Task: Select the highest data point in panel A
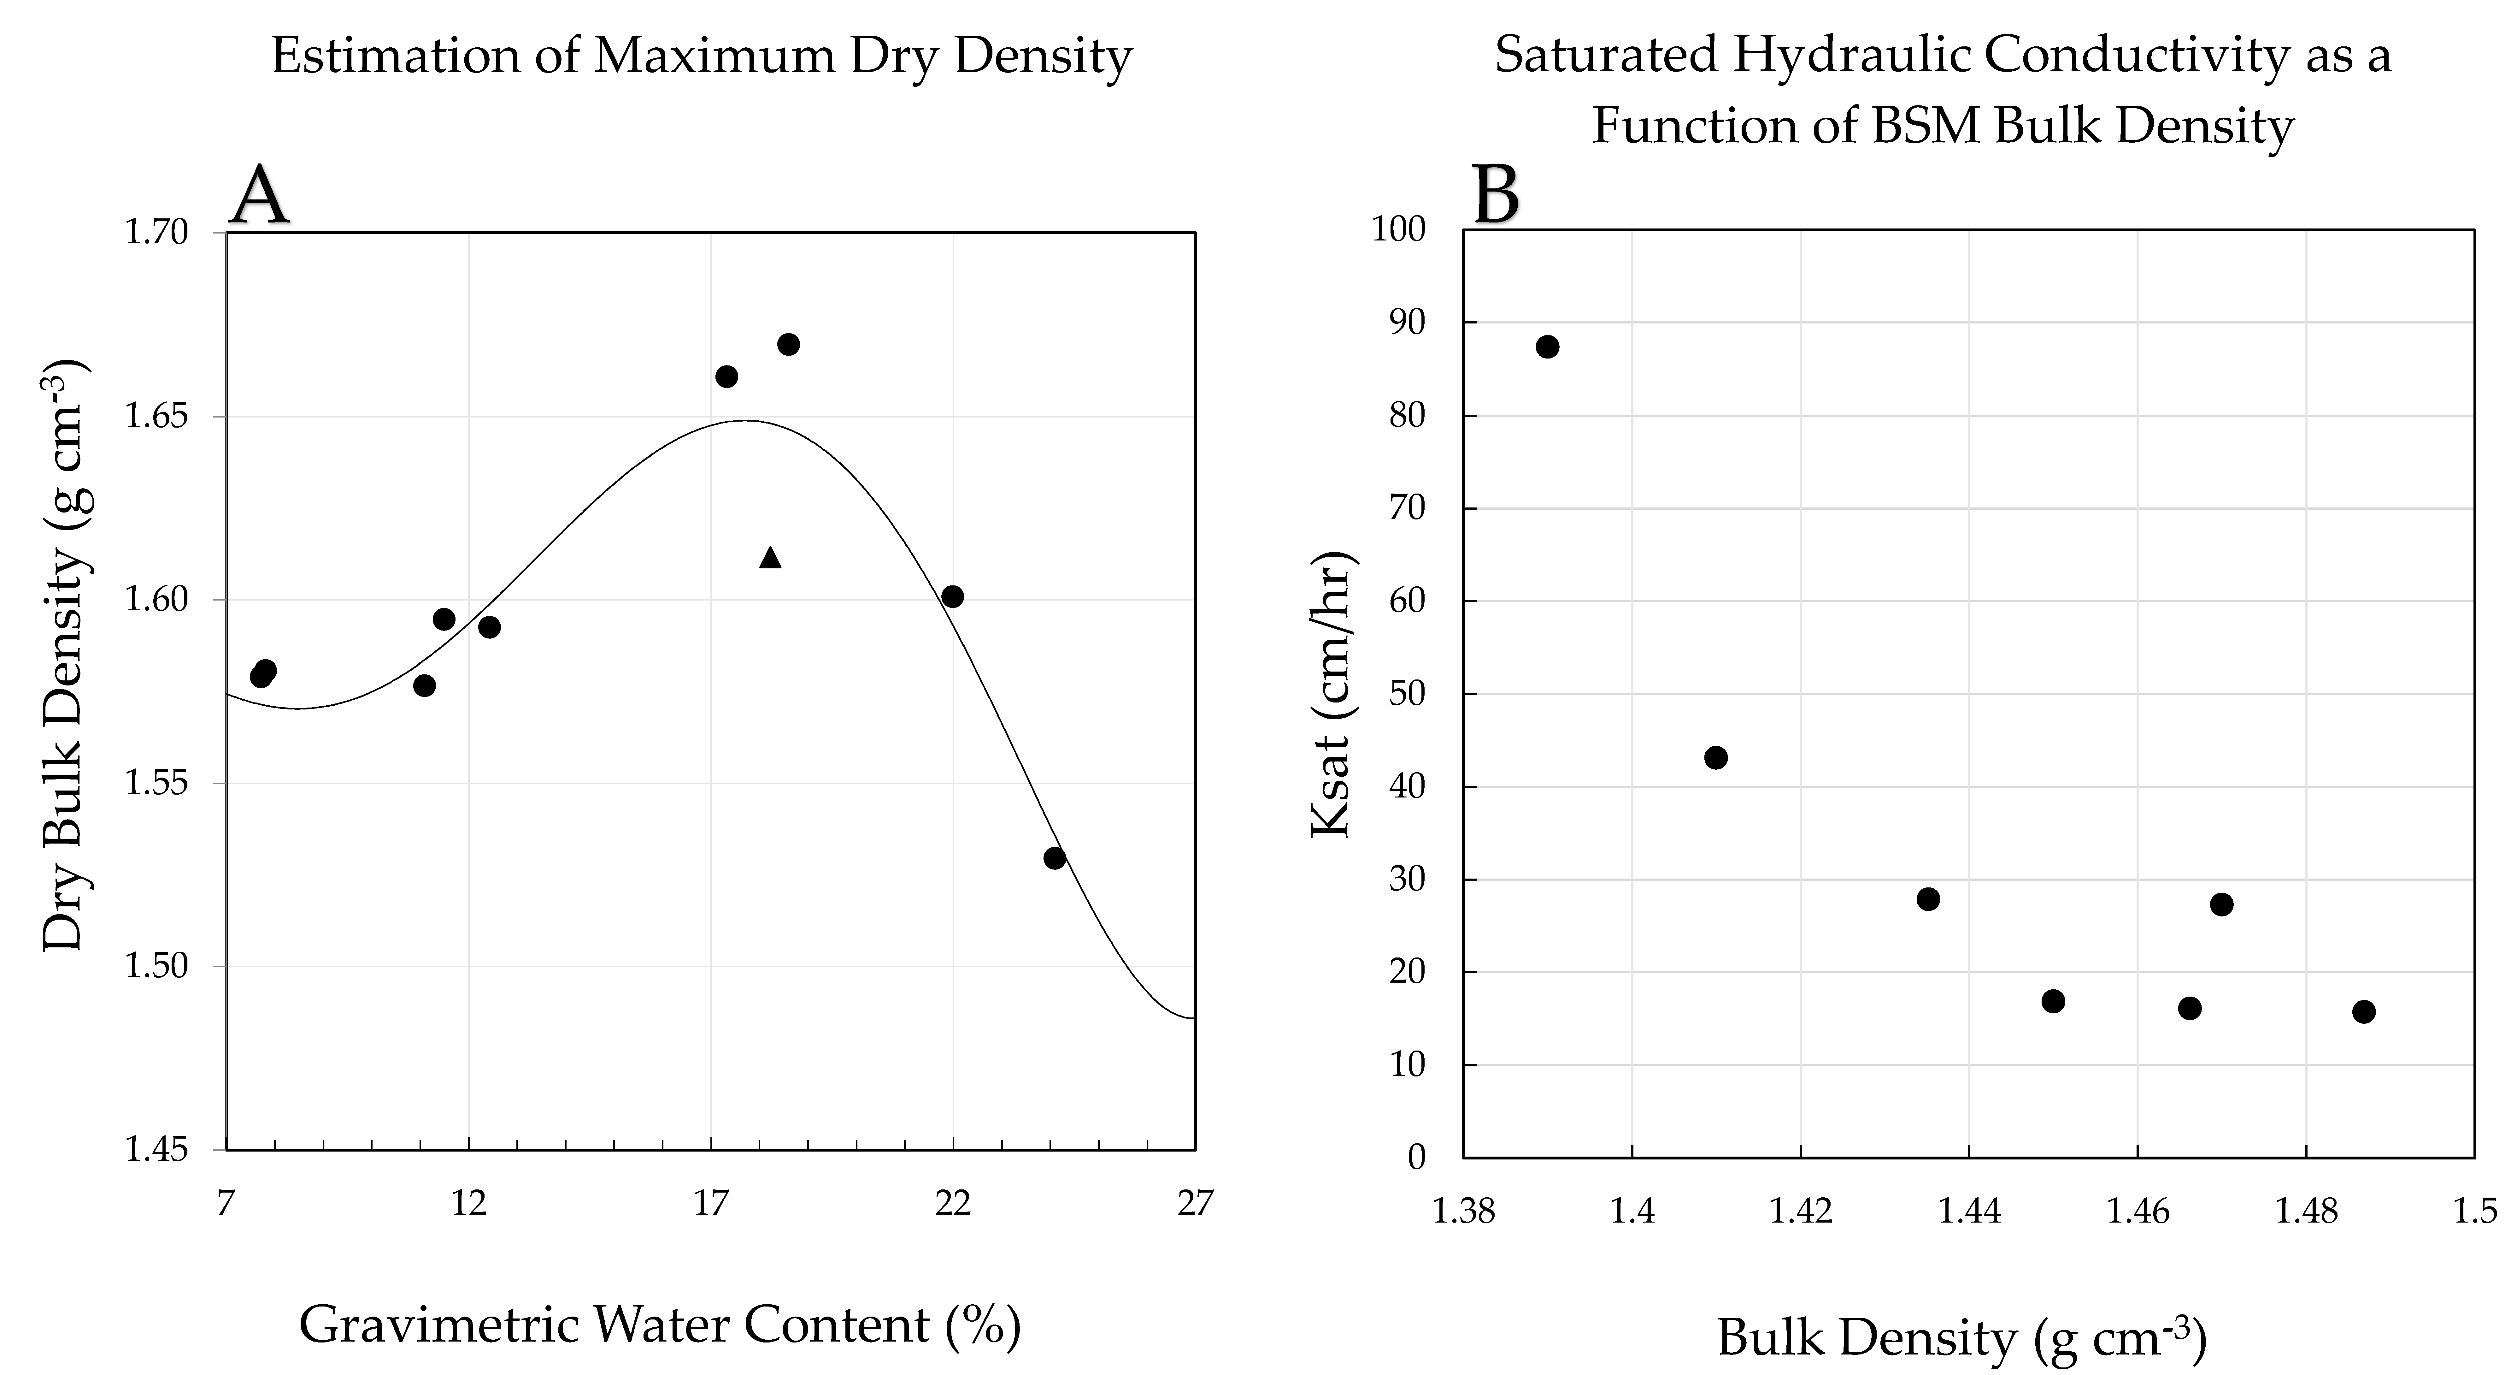tap(789, 344)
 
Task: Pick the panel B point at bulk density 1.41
tap(1716, 757)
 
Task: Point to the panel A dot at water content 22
tap(953, 596)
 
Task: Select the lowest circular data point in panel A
tap(1054, 858)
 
